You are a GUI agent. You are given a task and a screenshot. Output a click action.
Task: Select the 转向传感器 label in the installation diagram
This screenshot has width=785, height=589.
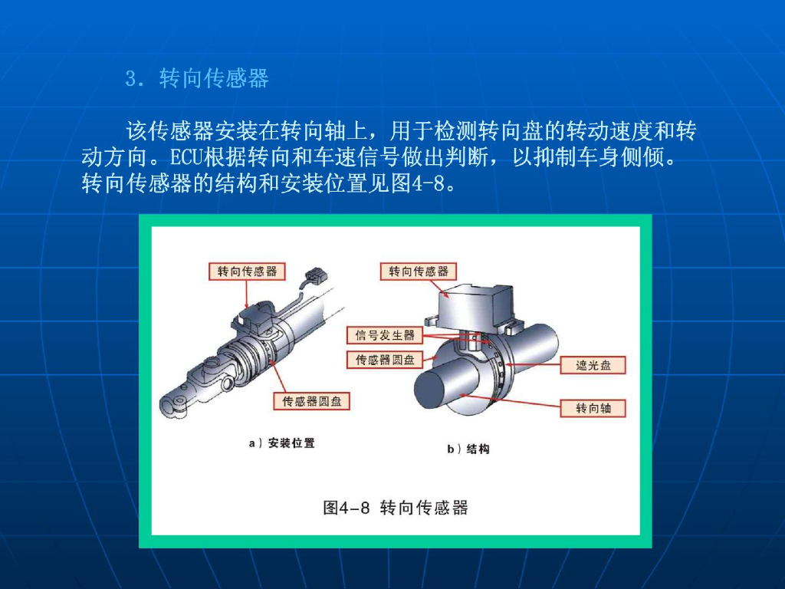point(247,271)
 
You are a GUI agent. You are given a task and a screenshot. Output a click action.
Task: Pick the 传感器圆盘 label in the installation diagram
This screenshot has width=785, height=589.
point(312,401)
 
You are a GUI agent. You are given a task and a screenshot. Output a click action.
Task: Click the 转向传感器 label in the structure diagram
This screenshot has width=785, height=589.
point(418,271)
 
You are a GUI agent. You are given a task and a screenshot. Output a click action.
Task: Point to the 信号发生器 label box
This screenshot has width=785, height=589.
point(385,335)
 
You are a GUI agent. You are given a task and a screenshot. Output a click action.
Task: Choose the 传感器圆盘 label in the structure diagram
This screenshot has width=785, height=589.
point(385,359)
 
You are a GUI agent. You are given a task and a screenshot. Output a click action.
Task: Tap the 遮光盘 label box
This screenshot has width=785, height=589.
point(593,365)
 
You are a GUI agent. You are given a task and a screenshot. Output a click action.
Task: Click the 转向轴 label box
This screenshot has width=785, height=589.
point(593,408)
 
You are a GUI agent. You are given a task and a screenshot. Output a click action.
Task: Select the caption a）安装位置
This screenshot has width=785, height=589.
point(282,443)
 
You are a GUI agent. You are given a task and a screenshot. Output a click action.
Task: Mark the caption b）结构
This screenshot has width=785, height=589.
point(468,449)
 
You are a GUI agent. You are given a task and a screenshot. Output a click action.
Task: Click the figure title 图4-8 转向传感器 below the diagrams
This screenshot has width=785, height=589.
point(395,507)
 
